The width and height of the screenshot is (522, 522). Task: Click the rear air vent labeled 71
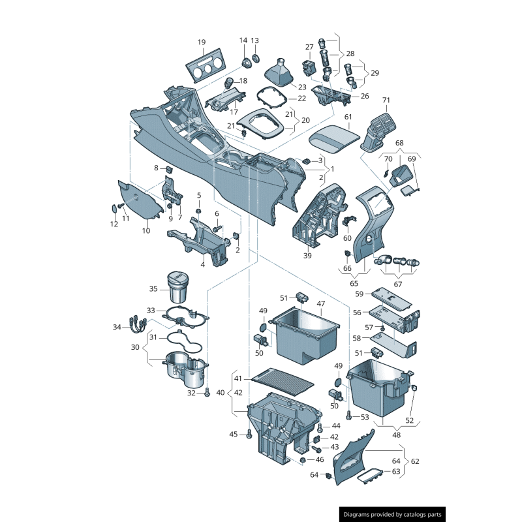click(x=381, y=128)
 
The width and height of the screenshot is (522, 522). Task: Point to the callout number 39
click(x=307, y=255)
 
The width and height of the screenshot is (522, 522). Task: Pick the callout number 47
click(x=320, y=303)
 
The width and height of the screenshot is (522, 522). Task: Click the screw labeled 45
click(x=250, y=435)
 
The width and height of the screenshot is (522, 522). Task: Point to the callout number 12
click(x=114, y=224)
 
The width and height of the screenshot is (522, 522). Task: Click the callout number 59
click(x=359, y=294)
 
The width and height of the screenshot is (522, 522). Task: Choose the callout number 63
click(x=396, y=471)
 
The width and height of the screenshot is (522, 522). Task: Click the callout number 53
click(x=365, y=416)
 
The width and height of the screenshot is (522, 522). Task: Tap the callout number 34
click(x=117, y=327)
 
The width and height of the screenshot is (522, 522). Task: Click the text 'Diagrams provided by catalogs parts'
click(x=393, y=514)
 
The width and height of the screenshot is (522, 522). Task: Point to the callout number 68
click(x=399, y=142)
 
